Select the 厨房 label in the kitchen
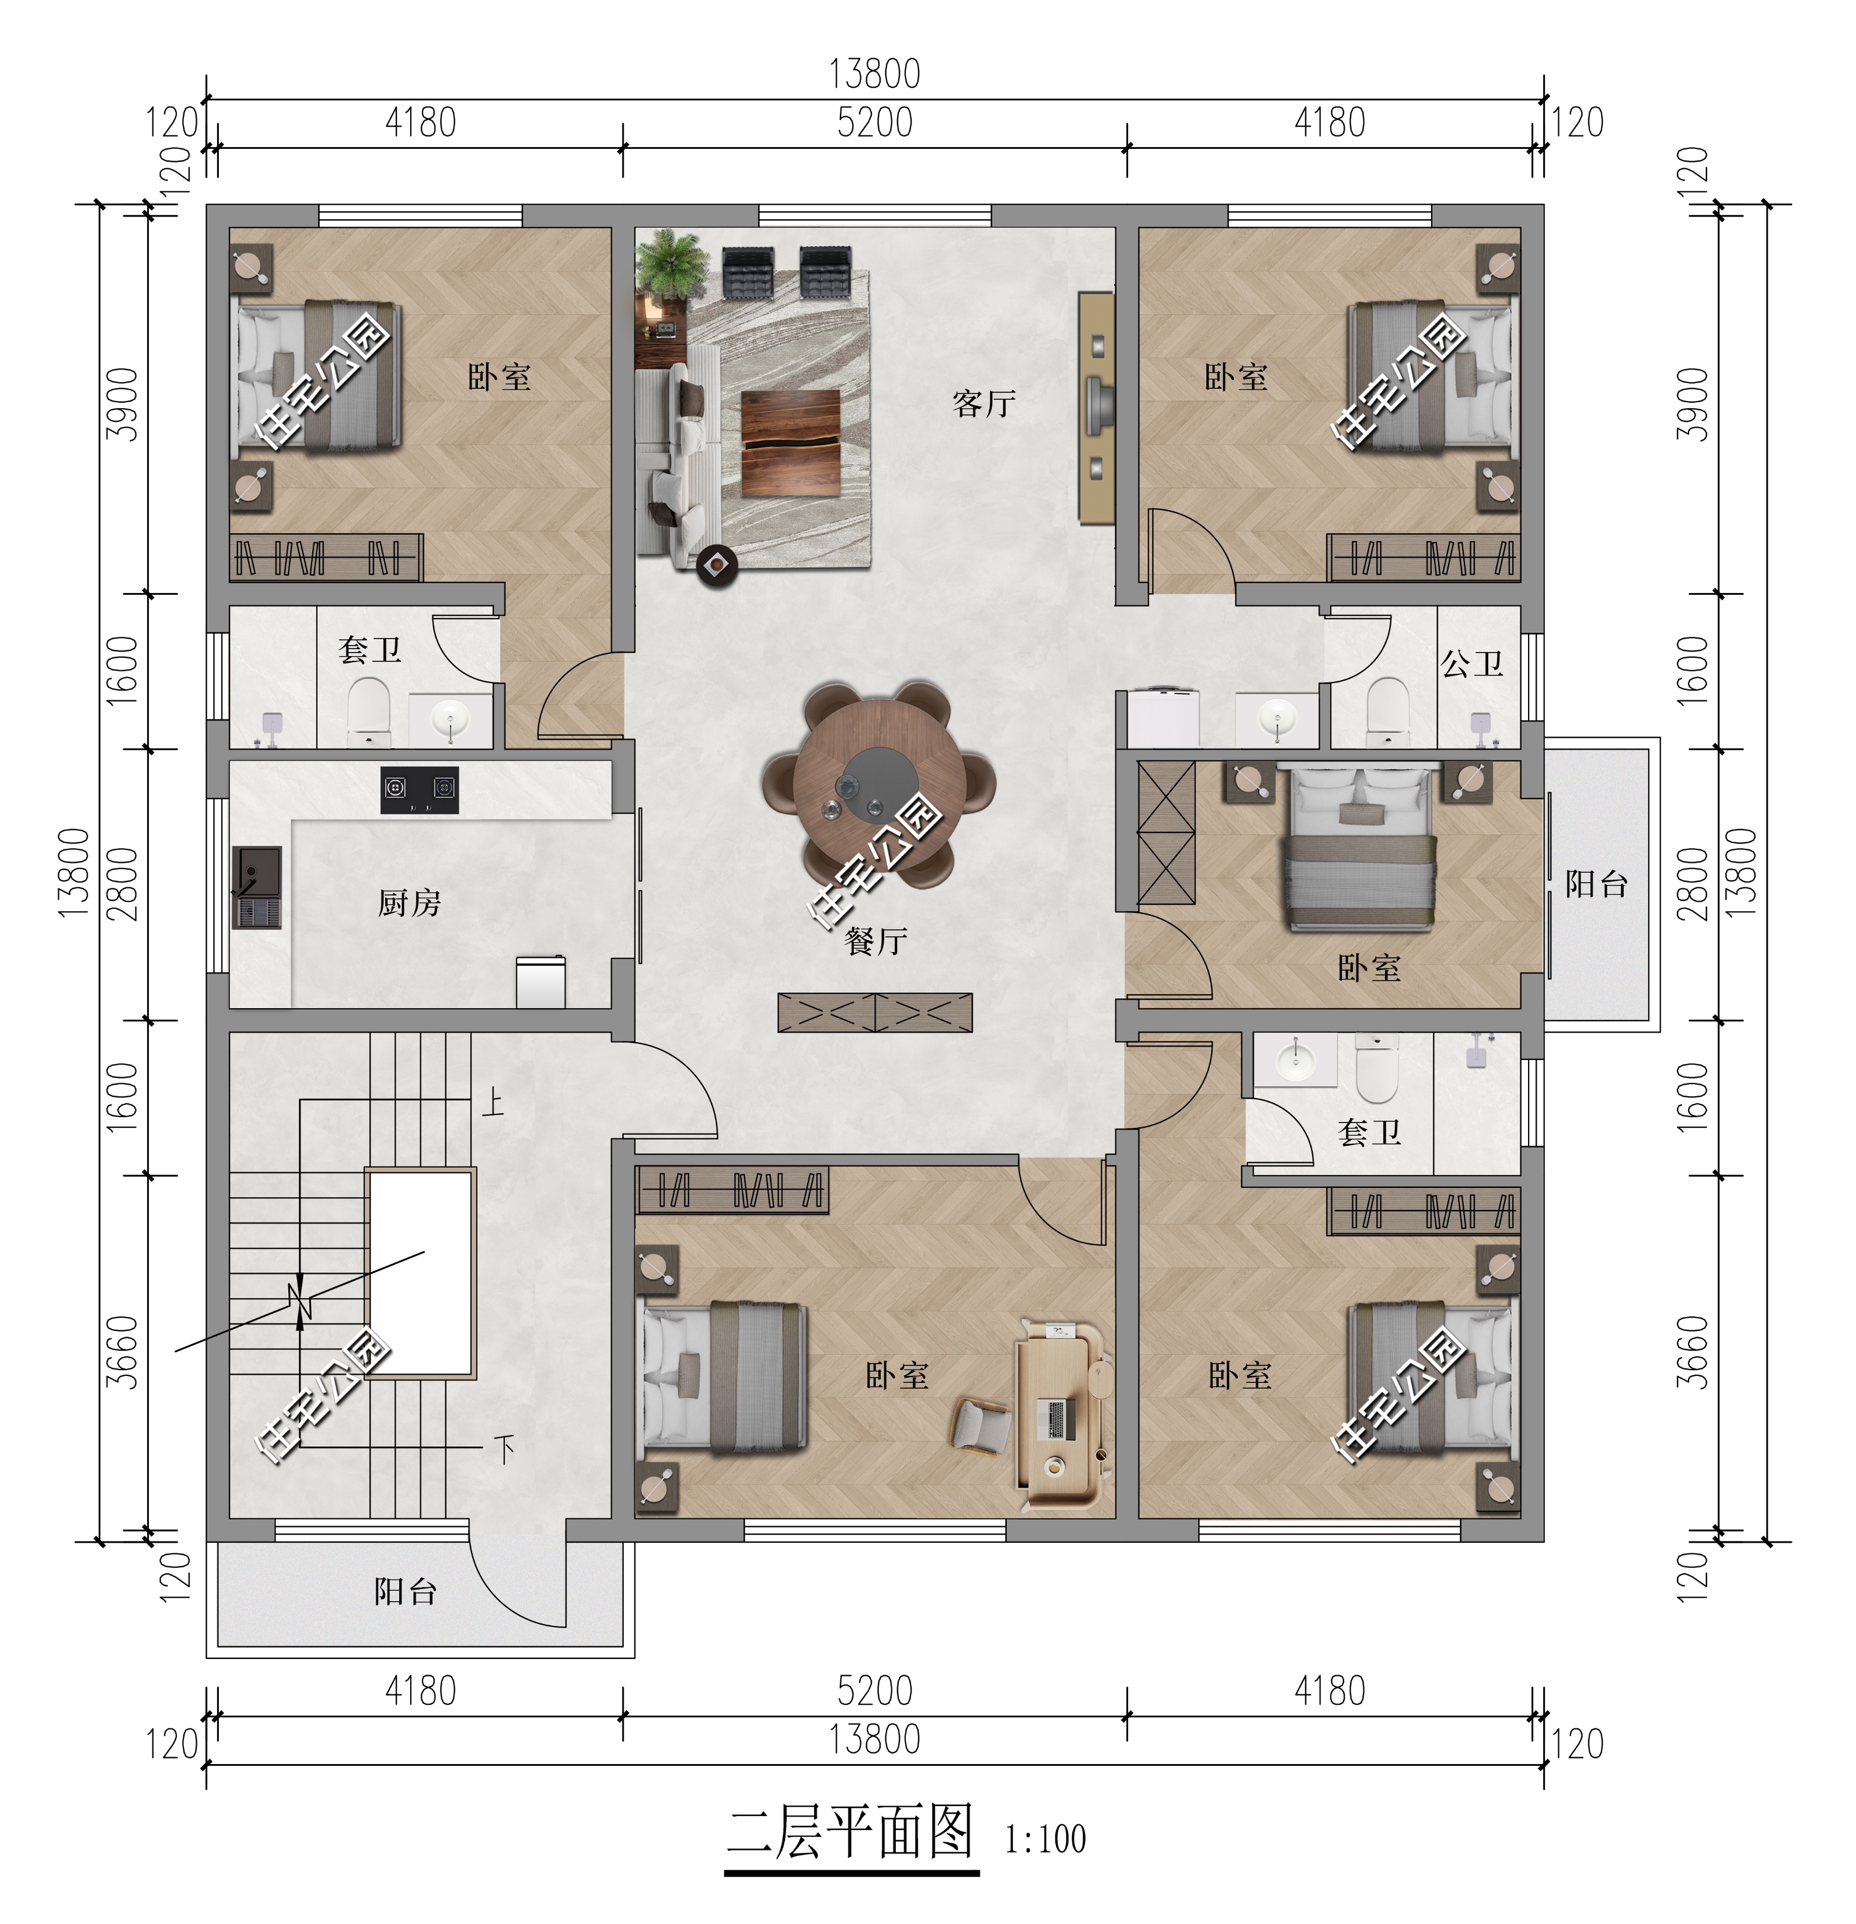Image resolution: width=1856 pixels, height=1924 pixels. [x=409, y=902]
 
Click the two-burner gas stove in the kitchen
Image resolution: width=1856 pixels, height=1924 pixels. [x=419, y=789]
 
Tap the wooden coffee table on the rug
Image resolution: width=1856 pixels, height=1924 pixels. [x=790, y=442]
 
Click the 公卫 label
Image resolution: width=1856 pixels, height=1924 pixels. [x=1471, y=664]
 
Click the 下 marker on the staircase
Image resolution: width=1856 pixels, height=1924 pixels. [x=504, y=1448]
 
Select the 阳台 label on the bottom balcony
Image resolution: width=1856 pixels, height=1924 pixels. [x=406, y=1591]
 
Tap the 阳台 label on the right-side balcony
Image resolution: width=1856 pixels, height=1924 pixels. [x=1596, y=883]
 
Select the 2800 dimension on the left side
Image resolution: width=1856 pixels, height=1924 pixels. [x=123, y=883]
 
